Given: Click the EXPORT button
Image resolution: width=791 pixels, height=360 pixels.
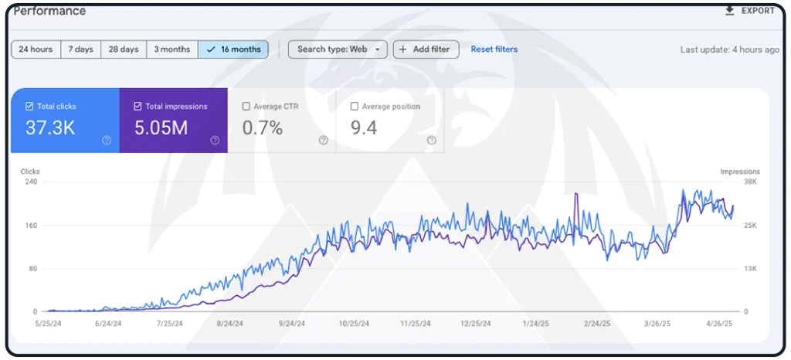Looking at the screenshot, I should pyautogui.click(x=749, y=11).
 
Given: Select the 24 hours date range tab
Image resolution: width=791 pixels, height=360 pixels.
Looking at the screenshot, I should pyautogui.click(x=36, y=49).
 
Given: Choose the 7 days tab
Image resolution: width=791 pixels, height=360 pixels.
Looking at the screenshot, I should pyautogui.click(x=80, y=49).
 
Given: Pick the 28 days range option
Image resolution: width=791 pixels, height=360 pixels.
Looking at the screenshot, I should pyautogui.click(x=124, y=49).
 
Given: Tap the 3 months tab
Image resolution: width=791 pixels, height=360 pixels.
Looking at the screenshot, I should pyautogui.click(x=171, y=49).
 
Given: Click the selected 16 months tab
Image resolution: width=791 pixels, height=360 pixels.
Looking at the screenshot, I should pyautogui.click(x=233, y=49).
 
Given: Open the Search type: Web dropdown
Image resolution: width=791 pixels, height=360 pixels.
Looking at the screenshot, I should pyautogui.click(x=338, y=49).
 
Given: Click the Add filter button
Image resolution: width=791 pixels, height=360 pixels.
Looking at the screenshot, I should pyautogui.click(x=426, y=49).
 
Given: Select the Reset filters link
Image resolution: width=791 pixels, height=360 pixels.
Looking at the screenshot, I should pyautogui.click(x=494, y=49).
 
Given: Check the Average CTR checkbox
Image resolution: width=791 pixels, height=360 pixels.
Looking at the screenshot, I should pyautogui.click(x=246, y=107).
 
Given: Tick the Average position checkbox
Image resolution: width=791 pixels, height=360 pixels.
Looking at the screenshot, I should pyautogui.click(x=355, y=107).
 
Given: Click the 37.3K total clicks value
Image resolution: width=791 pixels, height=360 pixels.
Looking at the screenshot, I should pyautogui.click(x=50, y=128).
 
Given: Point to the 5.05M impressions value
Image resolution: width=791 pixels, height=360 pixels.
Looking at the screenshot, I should pyautogui.click(x=161, y=128).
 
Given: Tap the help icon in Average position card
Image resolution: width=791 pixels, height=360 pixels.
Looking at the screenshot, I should pyautogui.click(x=431, y=141).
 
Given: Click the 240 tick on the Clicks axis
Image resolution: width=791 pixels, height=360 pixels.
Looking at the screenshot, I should pyautogui.click(x=32, y=182).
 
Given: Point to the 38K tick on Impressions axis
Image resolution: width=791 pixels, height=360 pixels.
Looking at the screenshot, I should pyautogui.click(x=750, y=182).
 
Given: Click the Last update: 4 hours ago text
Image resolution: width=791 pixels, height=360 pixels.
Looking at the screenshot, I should pyautogui.click(x=729, y=50).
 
